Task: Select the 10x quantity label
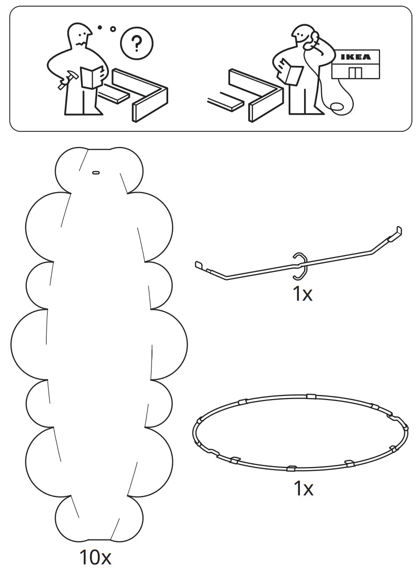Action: pos(95,558)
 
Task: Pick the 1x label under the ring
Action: pos(303,489)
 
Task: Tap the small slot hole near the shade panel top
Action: pos(95,173)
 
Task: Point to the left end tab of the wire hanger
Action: pos(199,264)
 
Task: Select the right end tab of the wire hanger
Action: pos(398,231)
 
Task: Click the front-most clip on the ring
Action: pos(291,467)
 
